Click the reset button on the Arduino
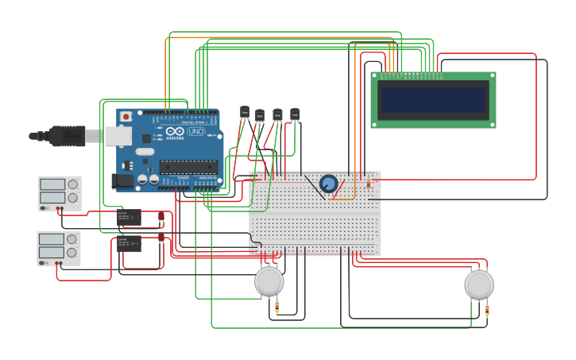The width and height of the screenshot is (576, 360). tap(126, 117)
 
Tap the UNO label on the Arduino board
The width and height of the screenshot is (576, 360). tap(195, 131)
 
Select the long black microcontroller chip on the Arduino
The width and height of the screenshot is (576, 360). tap(187, 167)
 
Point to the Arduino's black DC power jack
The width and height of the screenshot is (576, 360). tap(123, 181)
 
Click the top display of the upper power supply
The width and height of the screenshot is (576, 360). tap(52, 184)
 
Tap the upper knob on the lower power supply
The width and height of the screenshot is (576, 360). tap(72, 239)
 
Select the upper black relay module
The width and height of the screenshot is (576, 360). tap(129, 217)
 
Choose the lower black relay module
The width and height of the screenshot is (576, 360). tap(129, 243)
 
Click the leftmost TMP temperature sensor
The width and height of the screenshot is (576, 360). tap(245, 113)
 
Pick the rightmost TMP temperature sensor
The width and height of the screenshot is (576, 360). tap(295, 114)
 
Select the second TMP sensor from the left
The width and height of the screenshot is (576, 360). tap(260, 115)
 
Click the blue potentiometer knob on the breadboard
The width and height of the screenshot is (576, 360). tap(328, 184)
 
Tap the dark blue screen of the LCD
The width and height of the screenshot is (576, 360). tap(433, 100)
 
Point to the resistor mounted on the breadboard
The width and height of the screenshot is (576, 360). tap(368, 184)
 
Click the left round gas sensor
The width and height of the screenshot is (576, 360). tap(269, 281)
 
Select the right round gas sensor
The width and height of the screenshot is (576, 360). tap(479, 284)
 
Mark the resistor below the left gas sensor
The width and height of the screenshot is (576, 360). tap(276, 308)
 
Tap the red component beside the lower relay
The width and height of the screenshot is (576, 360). tap(161, 237)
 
